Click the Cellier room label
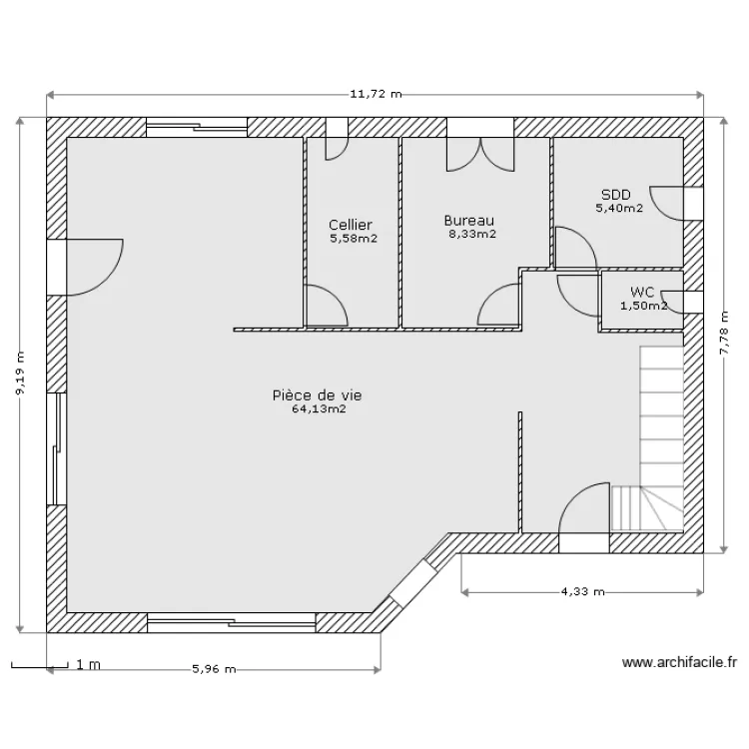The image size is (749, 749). (351, 225)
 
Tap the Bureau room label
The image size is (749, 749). (469, 221)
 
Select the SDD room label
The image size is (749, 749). (616, 195)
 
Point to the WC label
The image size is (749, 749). (642, 292)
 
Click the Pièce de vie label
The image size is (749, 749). (318, 395)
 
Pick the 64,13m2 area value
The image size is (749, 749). (320, 408)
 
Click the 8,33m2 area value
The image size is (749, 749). (472, 234)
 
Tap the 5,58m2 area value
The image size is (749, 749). (354, 239)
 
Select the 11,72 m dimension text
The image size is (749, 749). (375, 94)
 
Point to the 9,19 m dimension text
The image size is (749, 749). (21, 374)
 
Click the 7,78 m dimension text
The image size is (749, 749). (725, 333)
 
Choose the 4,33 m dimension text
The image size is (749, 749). (583, 592)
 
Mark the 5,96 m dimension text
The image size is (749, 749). (214, 669)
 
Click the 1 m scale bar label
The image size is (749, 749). (88, 665)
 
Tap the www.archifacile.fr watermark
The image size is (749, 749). (679, 662)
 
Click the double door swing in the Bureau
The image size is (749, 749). (480, 154)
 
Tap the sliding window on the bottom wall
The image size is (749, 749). (232, 623)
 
